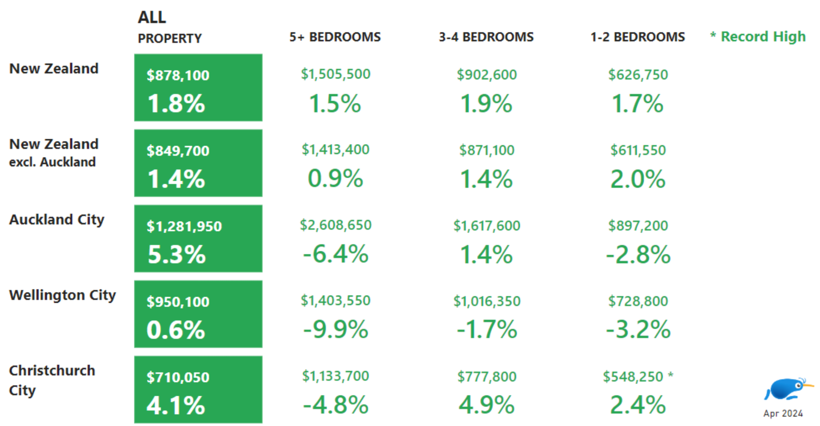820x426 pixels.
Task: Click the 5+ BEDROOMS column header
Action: [335, 37]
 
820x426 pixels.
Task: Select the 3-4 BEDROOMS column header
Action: [486, 37]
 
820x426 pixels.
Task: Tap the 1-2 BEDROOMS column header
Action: [637, 37]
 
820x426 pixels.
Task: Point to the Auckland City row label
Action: [57, 220]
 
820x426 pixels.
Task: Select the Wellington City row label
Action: [62, 295]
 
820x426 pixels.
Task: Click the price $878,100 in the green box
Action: [178, 75]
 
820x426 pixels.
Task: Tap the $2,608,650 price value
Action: [336, 225]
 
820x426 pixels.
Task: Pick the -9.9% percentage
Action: [336, 330]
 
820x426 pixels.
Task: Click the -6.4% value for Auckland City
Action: [336, 254]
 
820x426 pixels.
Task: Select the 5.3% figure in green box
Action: [176, 254]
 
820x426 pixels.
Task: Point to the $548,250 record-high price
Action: [633, 377]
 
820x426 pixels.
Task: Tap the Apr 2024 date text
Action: [783, 413]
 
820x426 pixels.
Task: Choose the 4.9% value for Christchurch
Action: [487, 405]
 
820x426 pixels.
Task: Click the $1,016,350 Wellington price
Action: [487, 301]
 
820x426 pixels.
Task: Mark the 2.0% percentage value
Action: [637, 179]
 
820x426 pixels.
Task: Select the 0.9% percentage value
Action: [335, 178]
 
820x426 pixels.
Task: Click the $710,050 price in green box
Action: [178, 377]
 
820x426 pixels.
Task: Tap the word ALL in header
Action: [152, 17]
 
